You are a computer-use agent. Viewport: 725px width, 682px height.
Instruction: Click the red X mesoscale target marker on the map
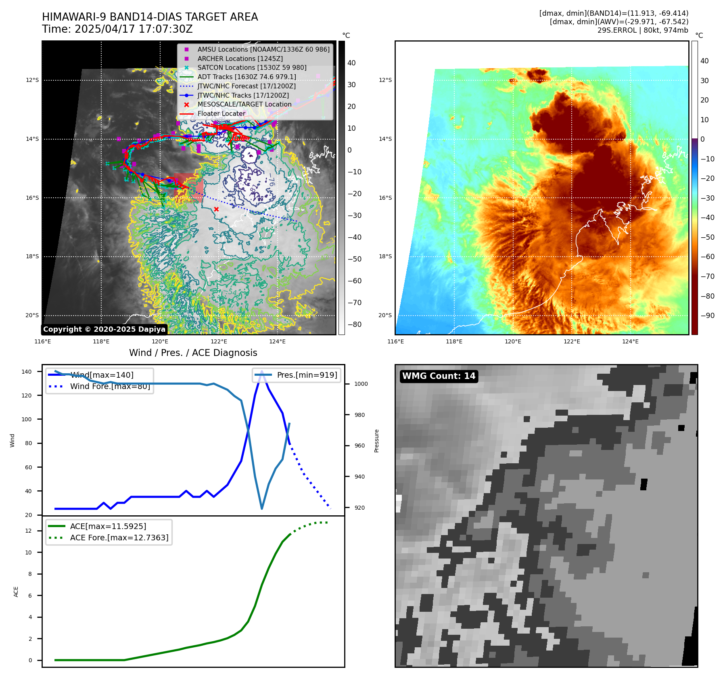click(x=216, y=209)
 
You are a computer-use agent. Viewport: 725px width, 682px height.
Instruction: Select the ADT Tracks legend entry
click(x=247, y=77)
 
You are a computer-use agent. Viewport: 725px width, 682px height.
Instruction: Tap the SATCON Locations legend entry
click(x=252, y=67)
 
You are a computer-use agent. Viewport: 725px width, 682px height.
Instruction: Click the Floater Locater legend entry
click(x=221, y=113)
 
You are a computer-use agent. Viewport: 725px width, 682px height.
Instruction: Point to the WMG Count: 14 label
click(x=439, y=376)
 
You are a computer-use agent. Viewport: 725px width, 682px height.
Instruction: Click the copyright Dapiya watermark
click(x=104, y=329)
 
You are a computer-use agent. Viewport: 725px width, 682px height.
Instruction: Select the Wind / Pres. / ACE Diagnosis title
click(x=193, y=353)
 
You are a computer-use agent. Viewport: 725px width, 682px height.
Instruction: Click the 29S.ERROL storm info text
click(x=643, y=30)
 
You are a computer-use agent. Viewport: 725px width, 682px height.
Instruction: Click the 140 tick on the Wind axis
click(x=27, y=372)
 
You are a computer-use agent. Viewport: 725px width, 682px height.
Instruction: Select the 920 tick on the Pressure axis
click(x=359, y=508)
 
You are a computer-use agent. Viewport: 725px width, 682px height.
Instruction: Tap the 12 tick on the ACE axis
click(x=28, y=531)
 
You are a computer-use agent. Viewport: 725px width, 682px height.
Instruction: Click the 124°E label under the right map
click(x=630, y=341)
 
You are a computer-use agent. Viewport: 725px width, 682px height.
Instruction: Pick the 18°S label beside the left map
click(x=32, y=256)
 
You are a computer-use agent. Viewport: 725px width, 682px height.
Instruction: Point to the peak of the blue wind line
click(x=262, y=372)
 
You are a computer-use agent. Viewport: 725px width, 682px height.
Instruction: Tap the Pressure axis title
click(x=376, y=441)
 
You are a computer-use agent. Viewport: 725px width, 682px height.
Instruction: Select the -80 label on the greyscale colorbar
click(x=355, y=324)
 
